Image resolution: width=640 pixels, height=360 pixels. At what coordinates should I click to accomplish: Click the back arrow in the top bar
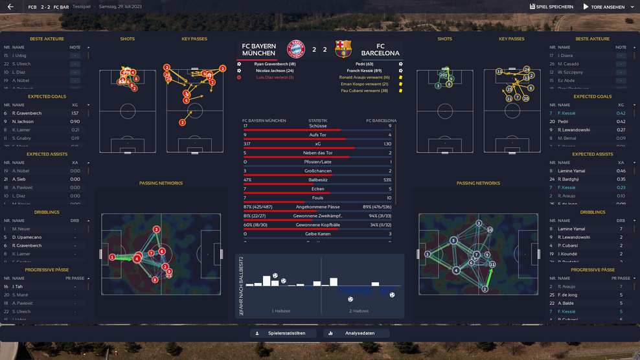point(10,7)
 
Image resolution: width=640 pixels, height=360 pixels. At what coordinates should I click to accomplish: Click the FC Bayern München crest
point(296,49)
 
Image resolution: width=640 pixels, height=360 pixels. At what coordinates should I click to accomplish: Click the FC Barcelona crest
point(343,49)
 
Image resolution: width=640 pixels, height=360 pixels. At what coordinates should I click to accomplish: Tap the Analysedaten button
point(357,333)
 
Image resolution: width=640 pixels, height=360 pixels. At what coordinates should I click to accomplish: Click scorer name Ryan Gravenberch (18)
point(275,64)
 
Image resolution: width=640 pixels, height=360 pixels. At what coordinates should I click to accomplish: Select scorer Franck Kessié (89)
point(364,71)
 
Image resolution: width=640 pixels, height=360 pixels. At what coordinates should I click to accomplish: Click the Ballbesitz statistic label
point(317,180)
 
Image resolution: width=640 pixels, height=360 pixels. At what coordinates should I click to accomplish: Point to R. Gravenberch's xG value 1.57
point(74,113)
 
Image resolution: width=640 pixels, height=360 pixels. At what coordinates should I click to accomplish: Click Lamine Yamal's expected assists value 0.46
point(621,171)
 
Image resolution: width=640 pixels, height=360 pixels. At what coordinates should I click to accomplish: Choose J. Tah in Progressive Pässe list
point(17,286)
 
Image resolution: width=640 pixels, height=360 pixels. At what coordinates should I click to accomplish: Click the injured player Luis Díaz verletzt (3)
point(274,77)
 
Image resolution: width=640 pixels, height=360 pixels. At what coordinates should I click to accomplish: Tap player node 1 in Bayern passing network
point(112,257)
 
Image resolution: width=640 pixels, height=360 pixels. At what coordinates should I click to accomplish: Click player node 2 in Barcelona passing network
point(484,289)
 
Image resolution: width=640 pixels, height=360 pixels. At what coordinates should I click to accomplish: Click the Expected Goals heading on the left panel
point(47,96)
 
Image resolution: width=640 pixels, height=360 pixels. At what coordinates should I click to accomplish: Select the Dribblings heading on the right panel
point(593,212)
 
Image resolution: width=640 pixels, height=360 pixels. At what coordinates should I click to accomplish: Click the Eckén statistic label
point(317,189)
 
